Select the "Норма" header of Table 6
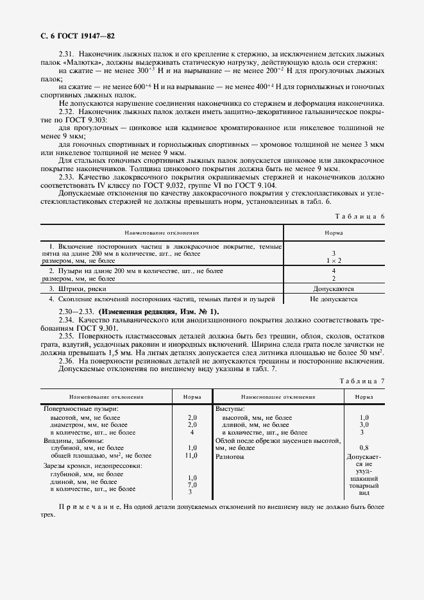pos(333,233)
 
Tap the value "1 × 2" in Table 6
pos(333,261)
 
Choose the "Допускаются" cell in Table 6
pos(333,289)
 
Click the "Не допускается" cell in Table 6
pos(333,299)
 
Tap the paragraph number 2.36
pos(67,361)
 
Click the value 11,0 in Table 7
pos(191,455)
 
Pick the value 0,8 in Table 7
pos(364,447)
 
